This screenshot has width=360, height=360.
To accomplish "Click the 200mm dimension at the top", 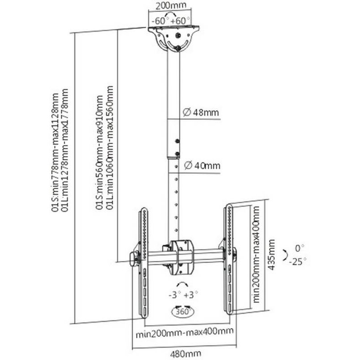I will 170,6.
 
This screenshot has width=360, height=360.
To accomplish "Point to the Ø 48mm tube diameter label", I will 200,112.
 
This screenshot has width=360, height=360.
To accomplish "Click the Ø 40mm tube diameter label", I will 200,166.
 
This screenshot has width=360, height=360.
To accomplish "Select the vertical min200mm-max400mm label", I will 256,255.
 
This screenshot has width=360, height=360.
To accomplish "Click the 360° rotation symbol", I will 182,311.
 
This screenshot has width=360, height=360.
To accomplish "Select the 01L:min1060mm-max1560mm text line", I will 109,153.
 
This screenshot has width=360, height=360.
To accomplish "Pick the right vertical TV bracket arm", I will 229,259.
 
